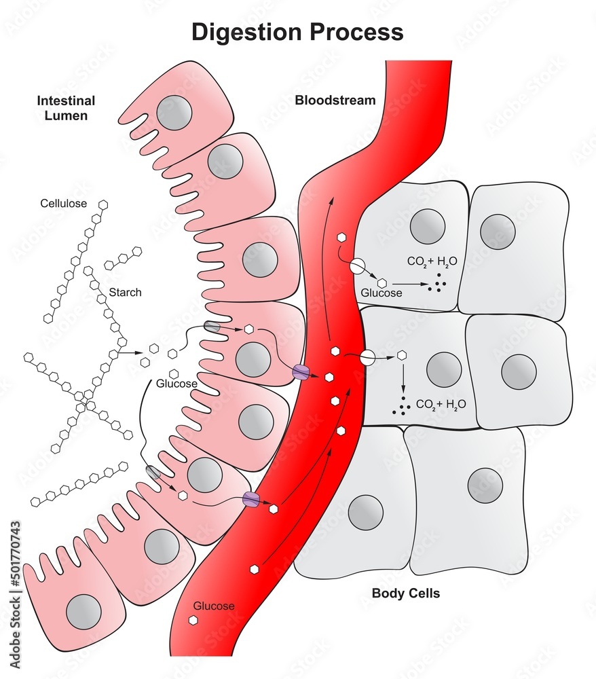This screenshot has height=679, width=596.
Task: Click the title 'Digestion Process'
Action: point(297,32)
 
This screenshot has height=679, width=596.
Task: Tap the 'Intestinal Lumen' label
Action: point(66,108)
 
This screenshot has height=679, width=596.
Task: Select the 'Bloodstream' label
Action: point(335,100)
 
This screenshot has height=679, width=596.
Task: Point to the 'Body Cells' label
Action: point(405,593)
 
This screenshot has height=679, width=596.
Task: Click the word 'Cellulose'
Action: point(64,203)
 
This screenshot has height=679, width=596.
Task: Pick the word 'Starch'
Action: point(126,293)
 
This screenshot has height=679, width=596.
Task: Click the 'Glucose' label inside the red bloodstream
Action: point(214,606)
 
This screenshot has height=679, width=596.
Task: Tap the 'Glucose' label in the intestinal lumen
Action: point(176,384)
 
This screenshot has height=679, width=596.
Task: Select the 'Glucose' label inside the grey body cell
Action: point(381,293)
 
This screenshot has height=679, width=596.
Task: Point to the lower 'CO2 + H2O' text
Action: point(441,405)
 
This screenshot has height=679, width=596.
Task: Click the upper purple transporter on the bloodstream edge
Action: point(300,371)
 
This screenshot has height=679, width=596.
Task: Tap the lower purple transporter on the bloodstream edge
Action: point(251,500)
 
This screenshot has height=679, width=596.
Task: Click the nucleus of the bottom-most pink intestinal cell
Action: point(83,610)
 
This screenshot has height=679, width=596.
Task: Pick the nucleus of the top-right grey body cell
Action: point(498,232)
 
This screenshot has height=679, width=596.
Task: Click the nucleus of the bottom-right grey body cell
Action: point(485,486)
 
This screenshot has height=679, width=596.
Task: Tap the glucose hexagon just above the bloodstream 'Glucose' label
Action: point(254,569)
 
